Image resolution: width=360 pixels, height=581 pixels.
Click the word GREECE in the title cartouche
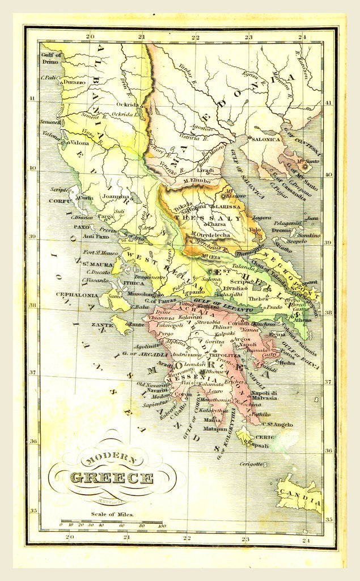[x=111, y=478]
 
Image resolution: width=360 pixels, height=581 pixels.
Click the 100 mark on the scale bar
[x=162, y=526]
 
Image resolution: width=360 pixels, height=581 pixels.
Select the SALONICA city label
[x=266, y=138]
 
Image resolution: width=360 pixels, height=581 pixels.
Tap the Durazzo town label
[x=74, y=82]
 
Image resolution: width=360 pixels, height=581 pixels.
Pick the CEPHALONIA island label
[x=77, y=294]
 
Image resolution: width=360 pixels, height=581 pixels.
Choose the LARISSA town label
[x=227, y=208]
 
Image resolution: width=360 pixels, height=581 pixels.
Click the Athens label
[x=302, y=319]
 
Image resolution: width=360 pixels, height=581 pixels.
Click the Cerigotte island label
[x=251, y=464]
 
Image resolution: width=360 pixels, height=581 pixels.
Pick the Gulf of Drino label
[x=51, y=58]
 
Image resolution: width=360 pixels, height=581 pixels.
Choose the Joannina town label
[x=116, y=197]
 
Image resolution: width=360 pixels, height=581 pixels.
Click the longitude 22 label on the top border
[x=195, y=37]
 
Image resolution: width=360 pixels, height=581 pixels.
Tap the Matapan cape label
[x=215, y=429]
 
